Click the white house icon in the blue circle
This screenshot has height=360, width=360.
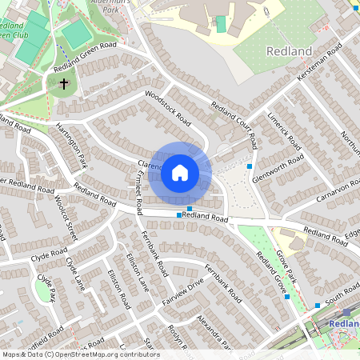point(180,172)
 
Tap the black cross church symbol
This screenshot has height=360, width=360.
point(63,82)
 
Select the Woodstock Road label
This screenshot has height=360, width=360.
point(168,108)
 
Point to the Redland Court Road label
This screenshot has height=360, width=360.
point(233,120)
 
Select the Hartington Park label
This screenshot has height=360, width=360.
point(70,145)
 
